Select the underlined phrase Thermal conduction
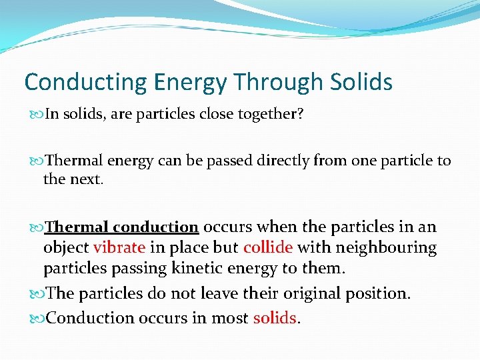pyautogui.click(x=121, y=227)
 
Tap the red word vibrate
pyautogui.click(x=119, y=248)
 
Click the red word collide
pyautogui.click(x=268, y=248)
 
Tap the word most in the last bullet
pyautogui.click(x=231, y=318)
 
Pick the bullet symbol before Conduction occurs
pyautogui.click(x=37, y=318)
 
